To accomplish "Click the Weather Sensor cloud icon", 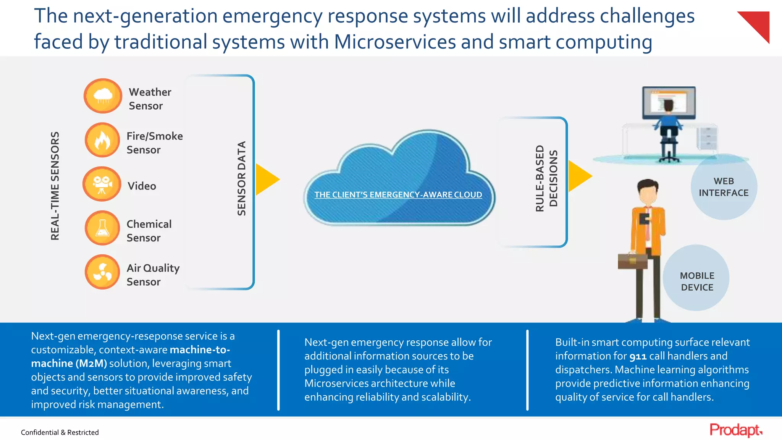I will tap(103, 96).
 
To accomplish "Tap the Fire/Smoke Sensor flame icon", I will tap(102, 140).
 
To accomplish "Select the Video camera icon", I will tap(102, 184).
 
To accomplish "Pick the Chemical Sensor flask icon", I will tap(102, 228).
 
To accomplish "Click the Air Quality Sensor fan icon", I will tap(102, 272).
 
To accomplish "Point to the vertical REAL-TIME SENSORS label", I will tap(55, 186).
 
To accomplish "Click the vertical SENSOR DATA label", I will tap(242, 178).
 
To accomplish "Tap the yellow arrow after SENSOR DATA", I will tap(266, 179).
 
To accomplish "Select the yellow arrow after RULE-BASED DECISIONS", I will tap(579, 176).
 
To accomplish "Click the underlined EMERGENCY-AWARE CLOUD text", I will tap(398, 195).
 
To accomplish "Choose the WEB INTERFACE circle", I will tap(724, 187).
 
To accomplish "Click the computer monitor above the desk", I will tap(669, 103).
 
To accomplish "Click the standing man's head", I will tap(648, 192).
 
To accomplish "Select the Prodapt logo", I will tap(735, 430).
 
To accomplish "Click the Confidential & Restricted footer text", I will tap(60, 432).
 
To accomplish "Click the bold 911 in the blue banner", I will tap(638, 356).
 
